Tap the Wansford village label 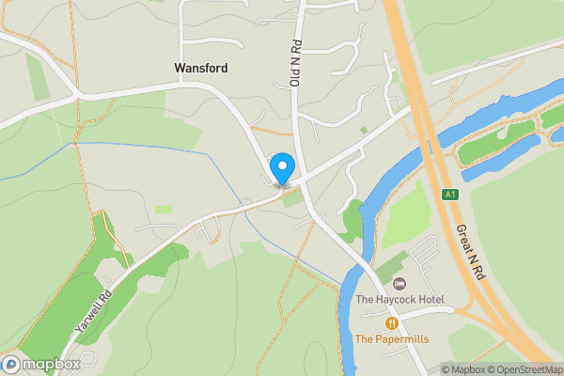pos(201,69)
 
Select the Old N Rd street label pos(295,64)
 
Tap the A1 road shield pos(451,195)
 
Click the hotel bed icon pos(399,284)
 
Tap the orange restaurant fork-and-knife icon pos(391,322)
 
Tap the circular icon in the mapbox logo pos(11,364)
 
